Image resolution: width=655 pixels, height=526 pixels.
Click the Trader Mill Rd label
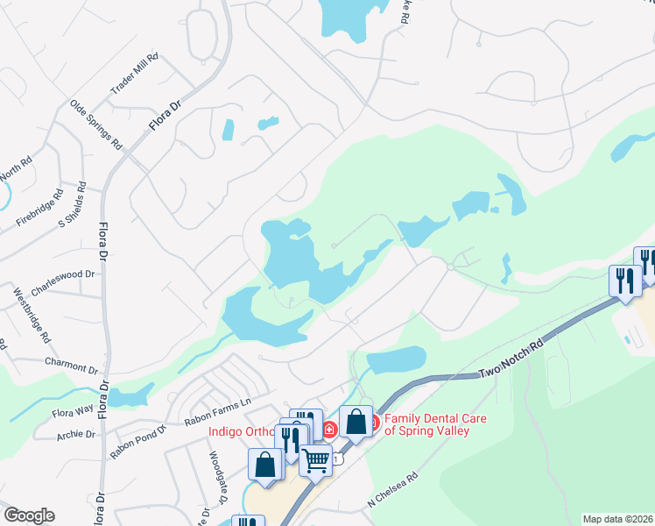(x=134, y=75)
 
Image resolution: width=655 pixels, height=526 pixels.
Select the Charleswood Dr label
(x=62, y=274)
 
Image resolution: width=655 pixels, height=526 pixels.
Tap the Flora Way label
(x=73, y=409)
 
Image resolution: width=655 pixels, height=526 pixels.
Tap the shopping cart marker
(x=315, y=458)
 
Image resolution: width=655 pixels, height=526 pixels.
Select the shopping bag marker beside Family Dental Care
(x=356, y=421)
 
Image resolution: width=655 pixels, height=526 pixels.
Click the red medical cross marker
(x=329, y=430)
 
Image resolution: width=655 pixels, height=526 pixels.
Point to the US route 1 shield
(x=338, y=459)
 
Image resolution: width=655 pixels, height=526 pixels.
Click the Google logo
(x=29, y=515)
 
